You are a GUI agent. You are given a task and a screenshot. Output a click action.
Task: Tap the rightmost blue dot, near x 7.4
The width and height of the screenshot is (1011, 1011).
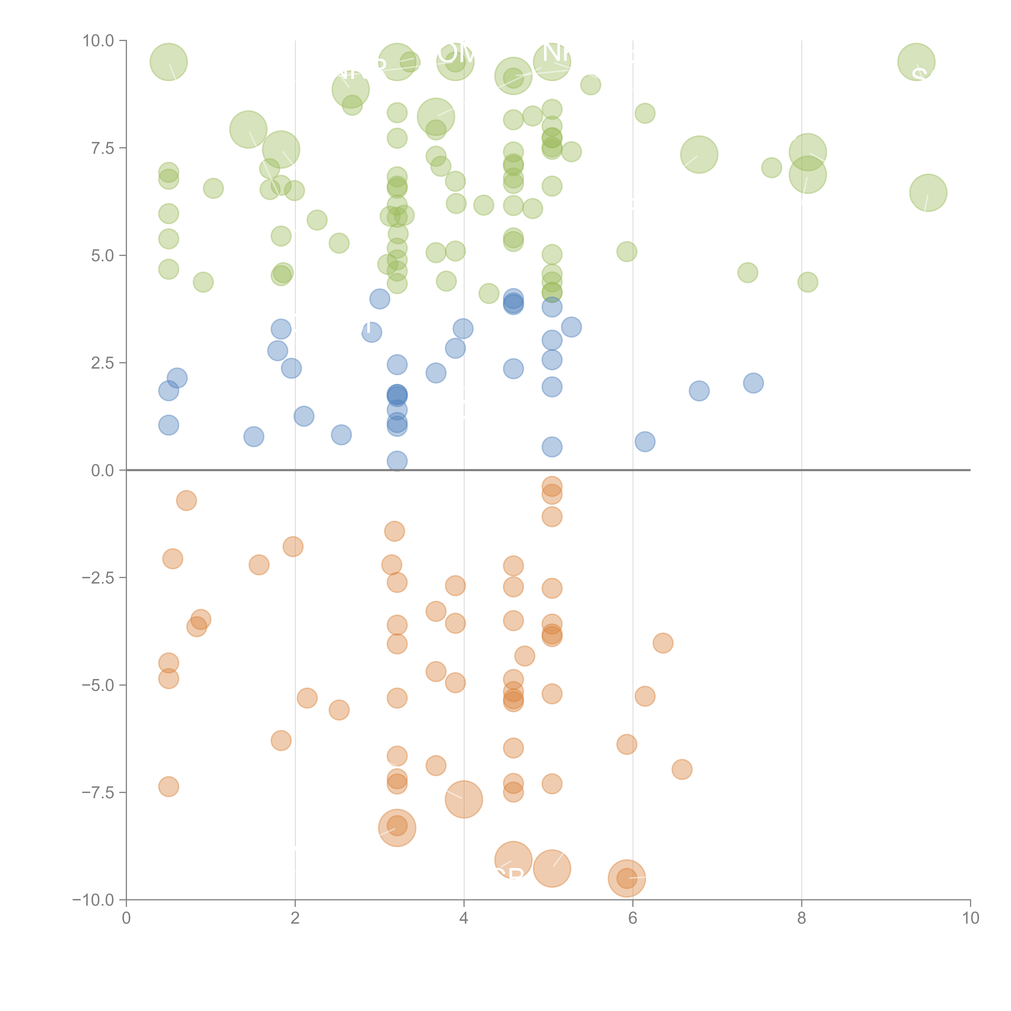[x=753, y=383]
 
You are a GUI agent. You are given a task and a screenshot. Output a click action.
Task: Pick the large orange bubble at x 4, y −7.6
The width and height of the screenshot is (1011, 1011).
[x=464, y=799]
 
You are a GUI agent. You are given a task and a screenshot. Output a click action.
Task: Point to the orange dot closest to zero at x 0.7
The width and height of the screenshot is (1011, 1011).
[x=186, y=501]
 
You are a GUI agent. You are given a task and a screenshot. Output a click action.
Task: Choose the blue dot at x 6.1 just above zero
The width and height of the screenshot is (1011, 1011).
[x=645, y=442]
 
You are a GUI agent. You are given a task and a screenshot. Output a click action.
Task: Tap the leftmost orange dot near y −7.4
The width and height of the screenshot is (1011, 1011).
[x=168, y=787]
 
